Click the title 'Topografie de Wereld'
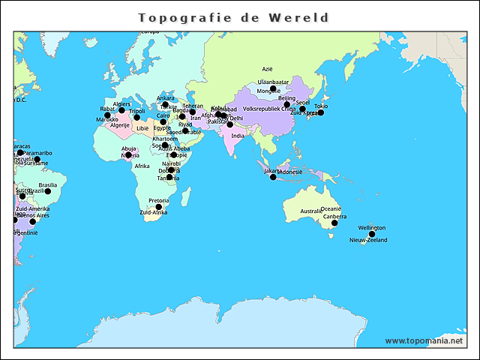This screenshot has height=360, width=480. pos(233,17)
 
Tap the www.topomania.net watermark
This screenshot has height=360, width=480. pos(424,340)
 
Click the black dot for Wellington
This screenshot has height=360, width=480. pos(372,234)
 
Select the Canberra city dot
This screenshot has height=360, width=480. pos(334,223)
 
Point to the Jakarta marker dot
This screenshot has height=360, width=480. pos(273,177)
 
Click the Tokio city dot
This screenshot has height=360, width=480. pos(320,112)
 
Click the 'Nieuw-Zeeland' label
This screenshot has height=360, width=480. pos(368,241)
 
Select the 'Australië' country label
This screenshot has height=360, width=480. pos(311,211)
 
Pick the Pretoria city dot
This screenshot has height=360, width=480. pos(158,207)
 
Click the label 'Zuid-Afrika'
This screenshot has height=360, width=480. pos(154,213)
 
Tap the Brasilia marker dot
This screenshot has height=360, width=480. pos(47,191)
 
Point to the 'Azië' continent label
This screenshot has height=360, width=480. pos(268,69)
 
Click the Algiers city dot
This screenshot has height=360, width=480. pos(121,110)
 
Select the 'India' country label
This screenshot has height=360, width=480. pos(237,136)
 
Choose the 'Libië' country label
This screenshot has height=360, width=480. pos(142,128)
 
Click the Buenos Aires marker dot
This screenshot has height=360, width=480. pos(32,221)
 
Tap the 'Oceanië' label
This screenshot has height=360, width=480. pos(331,209)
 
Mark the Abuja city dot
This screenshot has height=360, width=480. pos(128,155)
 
